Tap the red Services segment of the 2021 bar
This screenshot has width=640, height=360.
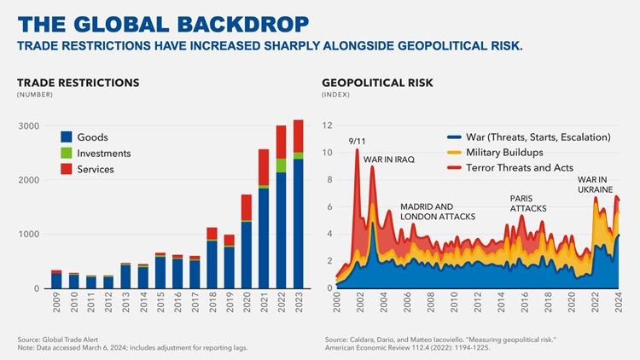(264, 167)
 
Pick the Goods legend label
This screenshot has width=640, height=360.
(92, 138)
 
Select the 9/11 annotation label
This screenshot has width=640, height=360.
(358, 142)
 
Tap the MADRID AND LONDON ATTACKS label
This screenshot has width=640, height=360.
(438, 212)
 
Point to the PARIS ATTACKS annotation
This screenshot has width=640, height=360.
(528, 203)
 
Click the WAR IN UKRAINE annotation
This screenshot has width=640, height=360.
(595, 184)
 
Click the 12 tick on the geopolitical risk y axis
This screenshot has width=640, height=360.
(328, 126)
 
